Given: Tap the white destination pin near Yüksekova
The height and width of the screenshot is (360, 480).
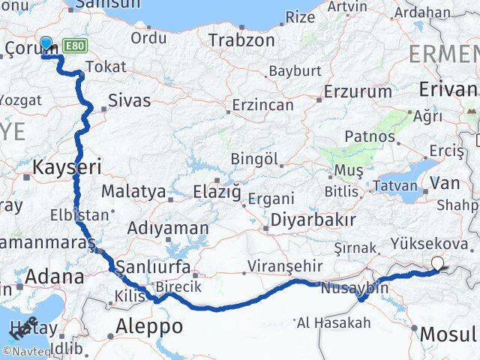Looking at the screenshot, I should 438,263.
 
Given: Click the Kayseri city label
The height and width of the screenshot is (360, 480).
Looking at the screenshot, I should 67,166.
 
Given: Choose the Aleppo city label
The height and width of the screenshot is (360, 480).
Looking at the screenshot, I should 149,327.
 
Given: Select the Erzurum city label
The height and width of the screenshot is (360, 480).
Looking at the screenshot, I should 357,92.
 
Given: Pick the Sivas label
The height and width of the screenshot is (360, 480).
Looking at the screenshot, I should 129,100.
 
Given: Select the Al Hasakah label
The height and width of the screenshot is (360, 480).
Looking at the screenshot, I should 334,322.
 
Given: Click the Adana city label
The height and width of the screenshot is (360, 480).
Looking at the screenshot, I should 55,277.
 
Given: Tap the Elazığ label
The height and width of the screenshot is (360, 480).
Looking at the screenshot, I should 217,192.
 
